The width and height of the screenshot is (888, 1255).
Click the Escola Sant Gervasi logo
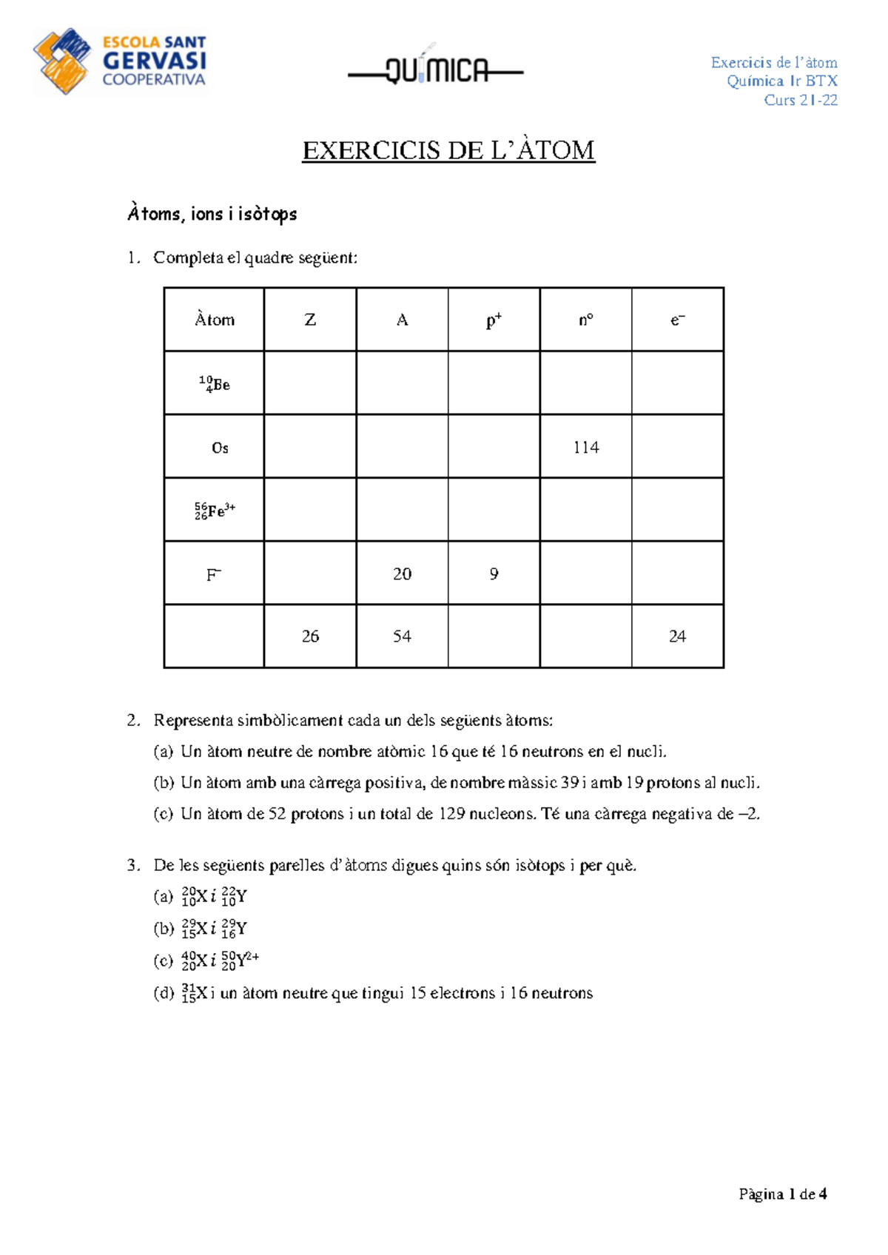tap(120, 61)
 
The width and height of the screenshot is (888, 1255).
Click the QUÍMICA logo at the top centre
tap(437, 70)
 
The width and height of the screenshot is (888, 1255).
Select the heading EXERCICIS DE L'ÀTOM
tap(448, 150)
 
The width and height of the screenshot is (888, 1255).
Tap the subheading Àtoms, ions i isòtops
tap(212, 214)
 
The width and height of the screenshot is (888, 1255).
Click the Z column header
tap(310, 320)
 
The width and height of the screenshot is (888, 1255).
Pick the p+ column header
tap(494, 320)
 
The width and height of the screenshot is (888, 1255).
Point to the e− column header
tap(677, 320)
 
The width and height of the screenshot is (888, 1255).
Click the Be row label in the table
tap(214, 383)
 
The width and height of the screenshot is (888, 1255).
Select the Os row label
tap(220, 448)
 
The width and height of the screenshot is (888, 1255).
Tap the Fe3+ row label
tap(215, 511)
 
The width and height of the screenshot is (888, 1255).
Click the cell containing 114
tap(585, 447)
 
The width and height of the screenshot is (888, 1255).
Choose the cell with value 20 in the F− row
tap(402, 573)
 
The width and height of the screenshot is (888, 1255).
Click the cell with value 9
tap(494, 573)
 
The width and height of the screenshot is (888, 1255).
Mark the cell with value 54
tap(402, 636)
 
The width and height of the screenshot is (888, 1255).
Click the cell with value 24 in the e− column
tap(677, 636)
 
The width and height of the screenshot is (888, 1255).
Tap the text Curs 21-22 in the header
tap(801, 100)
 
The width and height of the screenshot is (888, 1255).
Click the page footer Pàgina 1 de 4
tap(783, 1194)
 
